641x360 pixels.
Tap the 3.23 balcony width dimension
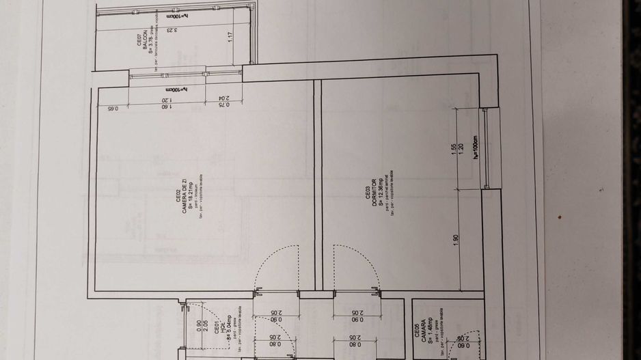coord(176,31)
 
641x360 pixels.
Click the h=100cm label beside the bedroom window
coord(473,147)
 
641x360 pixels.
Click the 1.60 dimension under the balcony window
coord(164,106)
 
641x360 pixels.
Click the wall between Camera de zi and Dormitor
coord(317,184)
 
